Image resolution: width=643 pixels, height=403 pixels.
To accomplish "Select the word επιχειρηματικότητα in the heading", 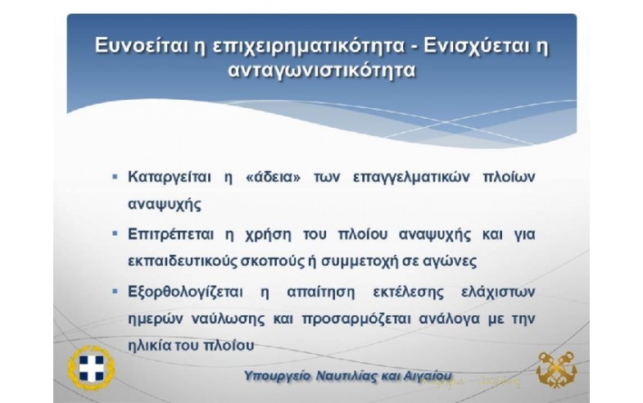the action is click(x=309, y=47).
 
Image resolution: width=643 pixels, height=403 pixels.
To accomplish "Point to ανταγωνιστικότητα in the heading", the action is click(x=322, y=70).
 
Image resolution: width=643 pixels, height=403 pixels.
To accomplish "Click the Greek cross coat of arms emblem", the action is click(x=92, y=368).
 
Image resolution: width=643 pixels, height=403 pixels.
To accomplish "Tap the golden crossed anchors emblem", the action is click(x=556, y=369).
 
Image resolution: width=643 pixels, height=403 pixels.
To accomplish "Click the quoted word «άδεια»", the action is click(x=274, y=177).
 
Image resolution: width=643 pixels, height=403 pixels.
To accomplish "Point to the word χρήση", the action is click(x=269, y=235).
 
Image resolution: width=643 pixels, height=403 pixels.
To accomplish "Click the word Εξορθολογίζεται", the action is click(x=185, y=292).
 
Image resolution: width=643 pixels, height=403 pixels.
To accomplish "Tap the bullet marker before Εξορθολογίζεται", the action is click(x=115, y=292).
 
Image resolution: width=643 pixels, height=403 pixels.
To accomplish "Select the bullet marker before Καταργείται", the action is click(x=115, y=177).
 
